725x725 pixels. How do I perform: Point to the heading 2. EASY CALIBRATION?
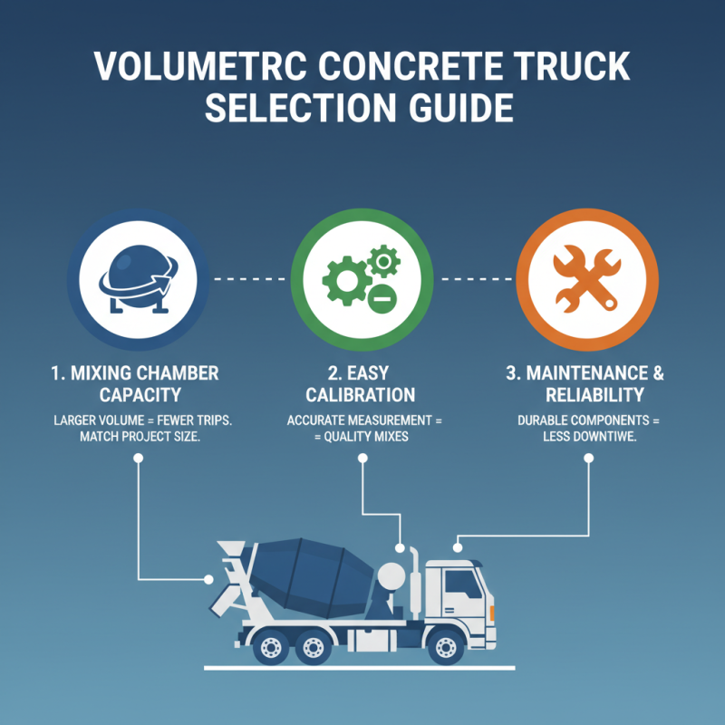point(361,384)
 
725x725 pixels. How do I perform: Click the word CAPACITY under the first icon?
point(136,395)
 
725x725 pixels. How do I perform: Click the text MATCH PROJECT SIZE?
point(136,435)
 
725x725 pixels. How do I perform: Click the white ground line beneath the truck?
point(362,668)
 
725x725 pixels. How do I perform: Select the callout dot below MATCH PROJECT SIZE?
point(138,459)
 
